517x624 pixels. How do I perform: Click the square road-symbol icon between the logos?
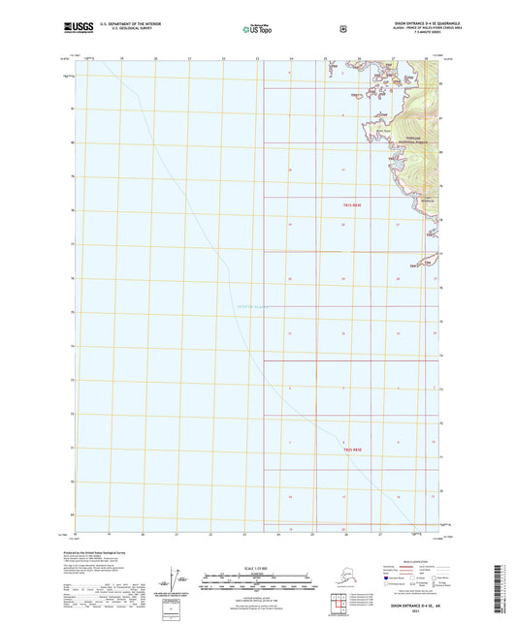click(x=342, y=28)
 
